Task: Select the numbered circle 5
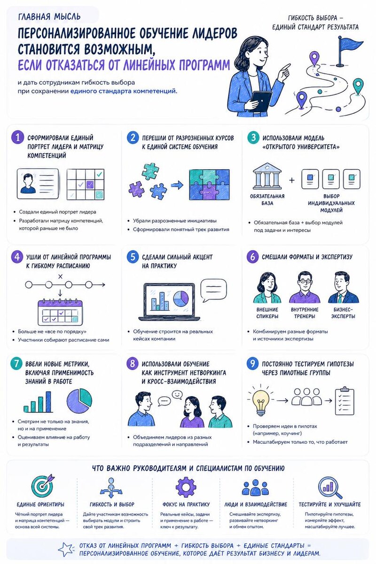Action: coord(133,257)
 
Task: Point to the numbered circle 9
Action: coord(252,364)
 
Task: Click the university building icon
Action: coord(267,176)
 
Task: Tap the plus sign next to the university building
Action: coord(291,180)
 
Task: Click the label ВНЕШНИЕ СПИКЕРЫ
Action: coord(267,313)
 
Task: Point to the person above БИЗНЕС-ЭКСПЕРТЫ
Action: coord(343,287)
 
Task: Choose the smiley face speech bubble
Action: coord(177,394)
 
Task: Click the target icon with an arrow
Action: coord(43,486)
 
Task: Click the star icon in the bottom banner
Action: coord(66,549)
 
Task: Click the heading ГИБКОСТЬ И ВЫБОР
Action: coord(112,504)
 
